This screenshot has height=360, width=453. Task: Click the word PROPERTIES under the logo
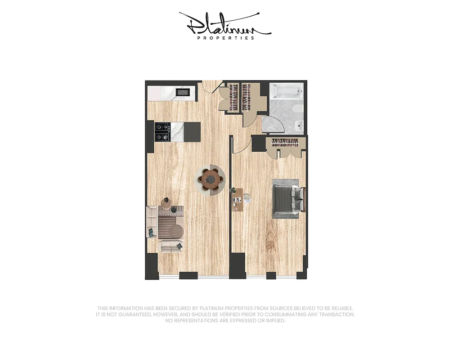point(226,38)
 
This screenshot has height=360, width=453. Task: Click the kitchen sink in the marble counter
point(183,93)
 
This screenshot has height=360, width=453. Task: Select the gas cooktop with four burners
point(162,131)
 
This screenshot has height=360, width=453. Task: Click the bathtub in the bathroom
point(286,92)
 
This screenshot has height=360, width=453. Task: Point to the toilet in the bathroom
point(297,110)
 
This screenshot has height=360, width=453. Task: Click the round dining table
point(209,179)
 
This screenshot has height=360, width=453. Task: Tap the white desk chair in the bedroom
point(247,198)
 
